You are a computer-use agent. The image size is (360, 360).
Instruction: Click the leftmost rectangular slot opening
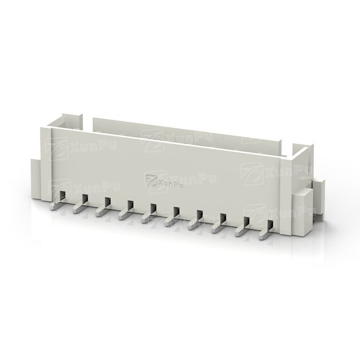pos(62,196)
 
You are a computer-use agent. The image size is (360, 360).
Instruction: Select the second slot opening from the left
pos(85,199)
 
